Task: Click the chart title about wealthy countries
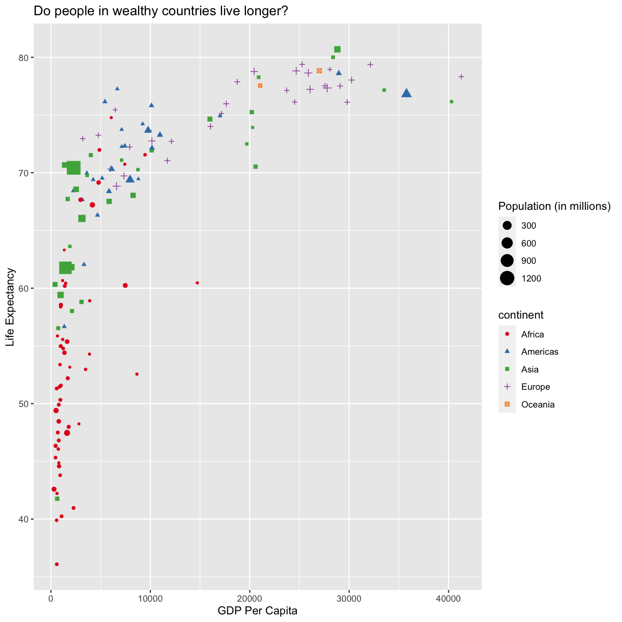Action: pos(161,11)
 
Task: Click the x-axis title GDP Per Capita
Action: pos(257,611)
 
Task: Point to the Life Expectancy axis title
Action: pos(10,315)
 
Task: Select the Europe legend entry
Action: pos(535,387)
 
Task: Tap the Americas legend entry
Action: pos(540,352)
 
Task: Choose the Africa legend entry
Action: pos(532,334)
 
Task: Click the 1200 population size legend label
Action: pos(531,278)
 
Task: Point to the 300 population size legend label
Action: pos(528,226)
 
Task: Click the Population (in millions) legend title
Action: pos(554,206)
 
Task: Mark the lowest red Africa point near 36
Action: pos(56,564)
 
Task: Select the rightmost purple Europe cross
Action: pos(461,77)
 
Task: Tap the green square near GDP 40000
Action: pos(451,102)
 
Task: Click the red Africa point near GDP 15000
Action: pos(197,283)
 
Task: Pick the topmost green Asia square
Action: pos(337,49)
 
